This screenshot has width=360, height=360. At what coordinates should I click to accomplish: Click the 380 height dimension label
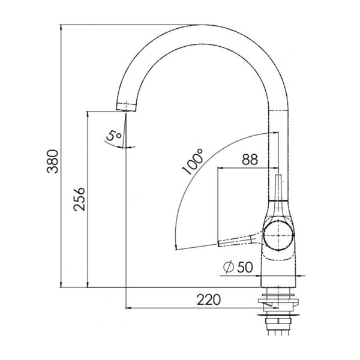(53, 161)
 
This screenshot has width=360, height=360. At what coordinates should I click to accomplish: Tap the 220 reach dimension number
(209, 299)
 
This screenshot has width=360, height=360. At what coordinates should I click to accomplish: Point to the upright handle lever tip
(278, 179)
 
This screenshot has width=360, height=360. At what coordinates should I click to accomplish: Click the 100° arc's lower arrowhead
(173, 247)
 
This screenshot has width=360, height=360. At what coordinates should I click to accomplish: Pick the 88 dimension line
(247, 167)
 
